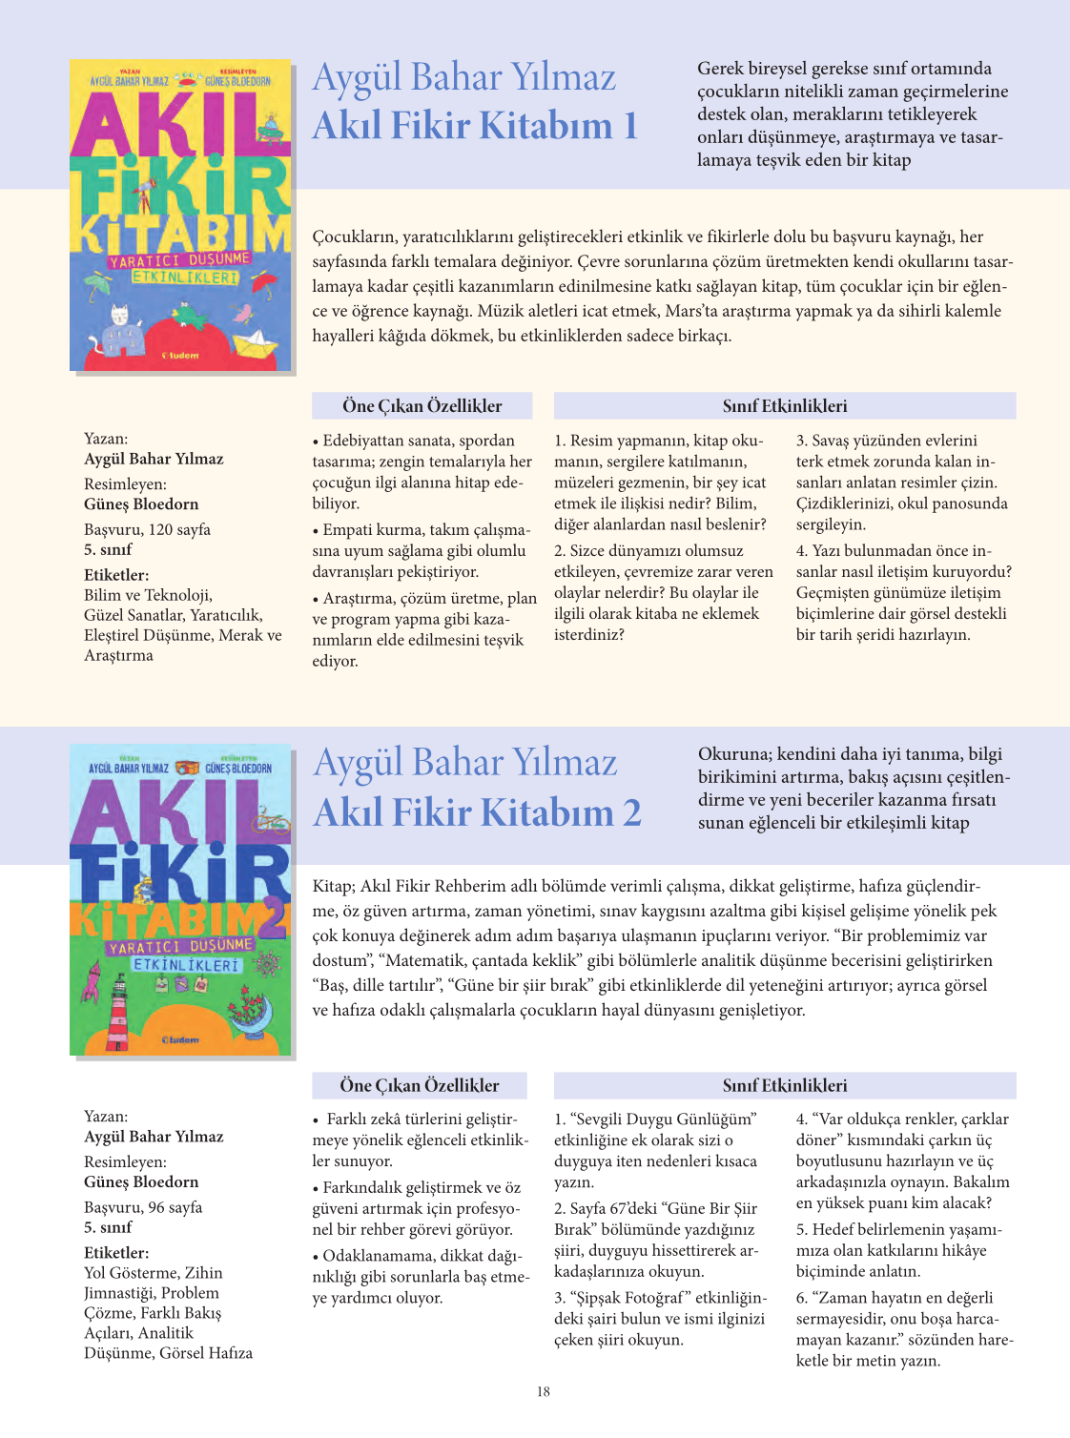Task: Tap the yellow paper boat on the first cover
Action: point(255,341)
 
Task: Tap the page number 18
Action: point(543,1391)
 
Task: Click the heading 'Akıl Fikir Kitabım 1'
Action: point(475,126)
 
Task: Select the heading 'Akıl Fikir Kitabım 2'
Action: point(477,812)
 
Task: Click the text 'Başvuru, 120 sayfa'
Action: point(147,529)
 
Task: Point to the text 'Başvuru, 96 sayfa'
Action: point(143,1207)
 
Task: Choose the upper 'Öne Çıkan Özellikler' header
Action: point(422,406)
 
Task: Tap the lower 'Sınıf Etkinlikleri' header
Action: point(784,1085)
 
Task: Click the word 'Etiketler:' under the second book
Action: point(116,1253)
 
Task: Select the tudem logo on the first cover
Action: point(180,356)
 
